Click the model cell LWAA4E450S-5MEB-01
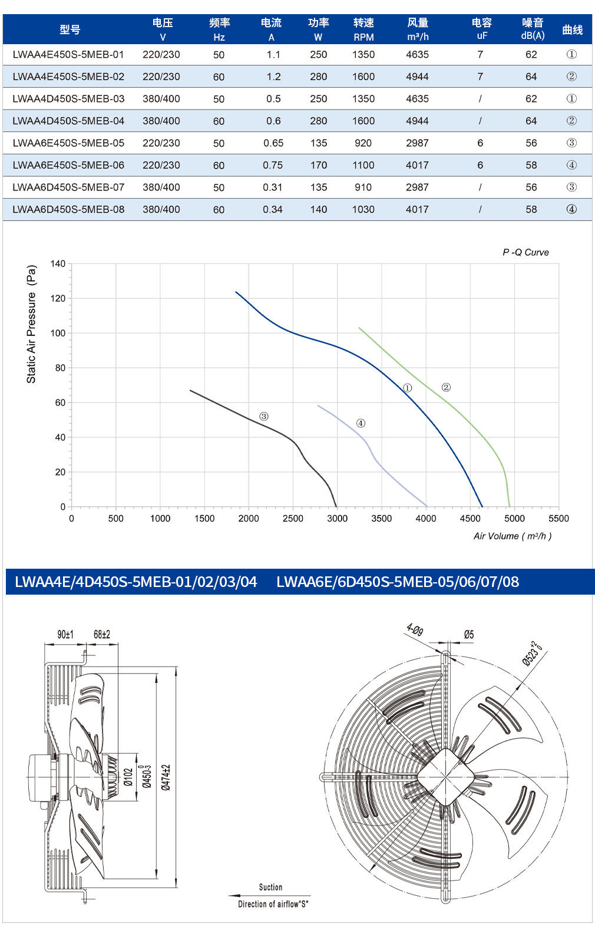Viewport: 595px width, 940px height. (x=68, y=55)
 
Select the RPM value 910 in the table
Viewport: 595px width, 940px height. (x=363, y=187)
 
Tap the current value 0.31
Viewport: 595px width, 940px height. (x=273, y=187)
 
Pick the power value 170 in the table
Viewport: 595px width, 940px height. (x=319, y=165)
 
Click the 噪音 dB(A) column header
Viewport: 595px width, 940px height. (x=533, y=29)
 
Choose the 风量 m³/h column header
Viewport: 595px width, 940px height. (x=418, y=29)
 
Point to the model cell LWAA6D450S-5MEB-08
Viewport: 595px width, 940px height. (x=68, y=209)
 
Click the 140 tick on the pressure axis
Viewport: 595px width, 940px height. (x=58, y=263)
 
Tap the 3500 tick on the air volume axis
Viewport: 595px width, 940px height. (x=381, y=518)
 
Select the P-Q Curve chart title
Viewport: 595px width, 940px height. (x=525, y=252)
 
